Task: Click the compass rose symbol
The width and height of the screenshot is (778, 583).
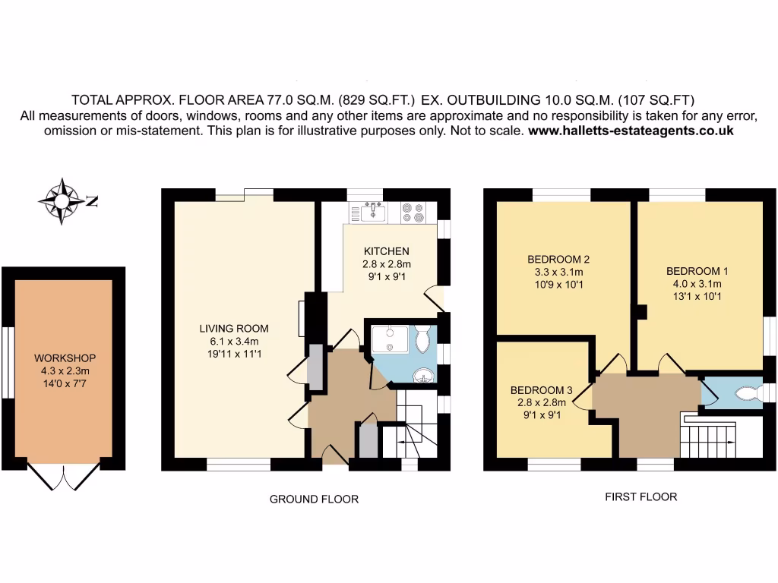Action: click(x=62, y=201)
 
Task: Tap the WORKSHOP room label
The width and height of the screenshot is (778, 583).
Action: click(x=65, y=358)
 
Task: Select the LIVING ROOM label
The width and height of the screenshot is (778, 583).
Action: click(x=234, y=329)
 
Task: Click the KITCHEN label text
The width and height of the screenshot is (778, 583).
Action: click(x=386, y=251)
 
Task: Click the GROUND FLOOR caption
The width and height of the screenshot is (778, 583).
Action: click(x=314, y=499)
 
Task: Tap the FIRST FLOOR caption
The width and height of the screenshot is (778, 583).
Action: click(x=640, y=497)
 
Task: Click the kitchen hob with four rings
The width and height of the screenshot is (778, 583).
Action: click(x=413, y=211)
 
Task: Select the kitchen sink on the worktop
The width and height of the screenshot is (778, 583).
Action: click(x=373, y=212)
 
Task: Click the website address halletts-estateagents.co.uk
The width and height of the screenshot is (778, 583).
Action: click(x=630, y=130)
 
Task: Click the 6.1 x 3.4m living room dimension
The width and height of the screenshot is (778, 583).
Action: click(x=234, y=341)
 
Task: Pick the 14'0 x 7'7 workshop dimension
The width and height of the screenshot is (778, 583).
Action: click(x=65, y=383)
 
